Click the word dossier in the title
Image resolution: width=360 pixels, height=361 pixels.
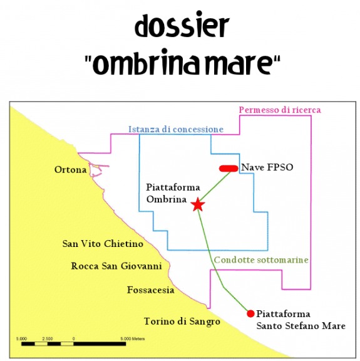click(182, 26)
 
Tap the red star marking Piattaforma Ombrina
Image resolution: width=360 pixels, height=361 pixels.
click(198, 204)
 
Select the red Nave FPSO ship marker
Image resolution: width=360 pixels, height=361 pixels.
click(229, 169)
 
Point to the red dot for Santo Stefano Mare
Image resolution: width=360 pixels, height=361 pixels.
click(250, 313)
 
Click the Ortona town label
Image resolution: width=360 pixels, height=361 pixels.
click(71, 170)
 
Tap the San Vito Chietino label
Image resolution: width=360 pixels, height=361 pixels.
click(103, 244)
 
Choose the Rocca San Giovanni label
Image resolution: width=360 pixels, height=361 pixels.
click(116, 266)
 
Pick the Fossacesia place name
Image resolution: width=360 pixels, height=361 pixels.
click(151, 290)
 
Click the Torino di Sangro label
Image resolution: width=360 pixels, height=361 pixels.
click(182, 322)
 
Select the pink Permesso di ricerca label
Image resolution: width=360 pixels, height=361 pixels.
click(280, 110)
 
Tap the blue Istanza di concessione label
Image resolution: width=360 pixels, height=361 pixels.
click(176, 129)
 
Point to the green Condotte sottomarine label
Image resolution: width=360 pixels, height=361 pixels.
click(261, 260)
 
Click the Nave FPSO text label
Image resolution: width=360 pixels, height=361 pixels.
click(267, 167)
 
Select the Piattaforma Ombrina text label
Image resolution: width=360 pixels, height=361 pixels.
click(173, 193)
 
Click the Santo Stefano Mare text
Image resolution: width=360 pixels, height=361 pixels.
click(301, 326)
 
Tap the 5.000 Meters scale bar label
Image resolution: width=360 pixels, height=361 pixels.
click(133, 338)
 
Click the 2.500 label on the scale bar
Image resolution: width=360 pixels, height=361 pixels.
click(48, 338)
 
